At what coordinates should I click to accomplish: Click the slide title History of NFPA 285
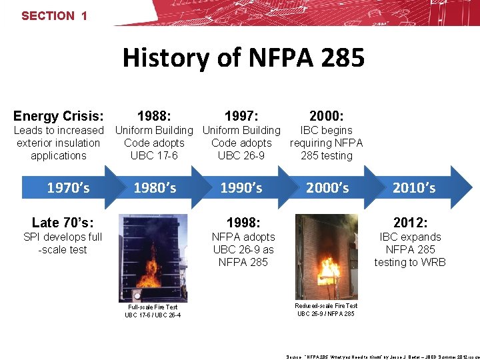click(x=243, y=58)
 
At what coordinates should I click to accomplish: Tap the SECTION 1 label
click(x=54, y=15)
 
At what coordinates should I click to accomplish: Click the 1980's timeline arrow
click(x=155, y=188)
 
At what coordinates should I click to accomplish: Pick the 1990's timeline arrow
click(x=242, y=188)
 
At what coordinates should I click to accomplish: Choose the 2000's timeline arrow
click(x=327, y=188)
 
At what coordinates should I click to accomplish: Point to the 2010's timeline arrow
click(x=414, y=188)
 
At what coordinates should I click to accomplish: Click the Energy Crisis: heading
click(x=59, y=116)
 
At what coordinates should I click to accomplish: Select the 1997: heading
click(x=241, y=116)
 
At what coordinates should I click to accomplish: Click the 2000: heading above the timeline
click(x=327, y=116)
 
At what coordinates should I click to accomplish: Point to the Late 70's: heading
click(x=63, y=222)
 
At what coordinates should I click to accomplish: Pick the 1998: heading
click(x=243, y=222)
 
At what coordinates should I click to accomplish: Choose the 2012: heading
click(x=410, y=222)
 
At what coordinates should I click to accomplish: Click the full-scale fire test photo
click(x=152, y=256)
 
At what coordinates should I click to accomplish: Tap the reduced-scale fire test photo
click(x=326, y=256)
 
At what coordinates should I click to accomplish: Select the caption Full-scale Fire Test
click(x=153, y=307)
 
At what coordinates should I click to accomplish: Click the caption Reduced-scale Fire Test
click(x=326, y=306)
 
